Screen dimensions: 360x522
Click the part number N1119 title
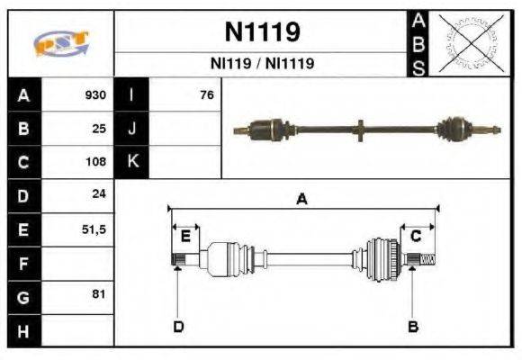tap(261, 32)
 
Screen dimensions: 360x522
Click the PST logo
tap(60, 43)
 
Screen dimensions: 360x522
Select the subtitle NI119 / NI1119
tap(261, 64)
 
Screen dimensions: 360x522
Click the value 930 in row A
tap(95, 95)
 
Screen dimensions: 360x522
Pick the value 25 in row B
tap(99, 129)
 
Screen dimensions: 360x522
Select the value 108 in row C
tap(95, 162)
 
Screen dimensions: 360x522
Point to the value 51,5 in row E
tap(94, 229)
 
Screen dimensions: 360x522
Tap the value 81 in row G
tap(99, 295)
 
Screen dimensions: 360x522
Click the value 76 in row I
tap(207, 95)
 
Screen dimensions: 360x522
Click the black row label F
tap(24, 263)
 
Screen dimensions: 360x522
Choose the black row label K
tap(132, 162)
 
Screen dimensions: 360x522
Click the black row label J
tap(132, 129)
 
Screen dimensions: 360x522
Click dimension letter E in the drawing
tap(185, 236)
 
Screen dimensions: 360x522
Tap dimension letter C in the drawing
tap(416, 236)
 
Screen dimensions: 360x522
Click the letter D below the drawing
tap(178, 326)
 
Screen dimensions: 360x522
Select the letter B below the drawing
tap(413, 326)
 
